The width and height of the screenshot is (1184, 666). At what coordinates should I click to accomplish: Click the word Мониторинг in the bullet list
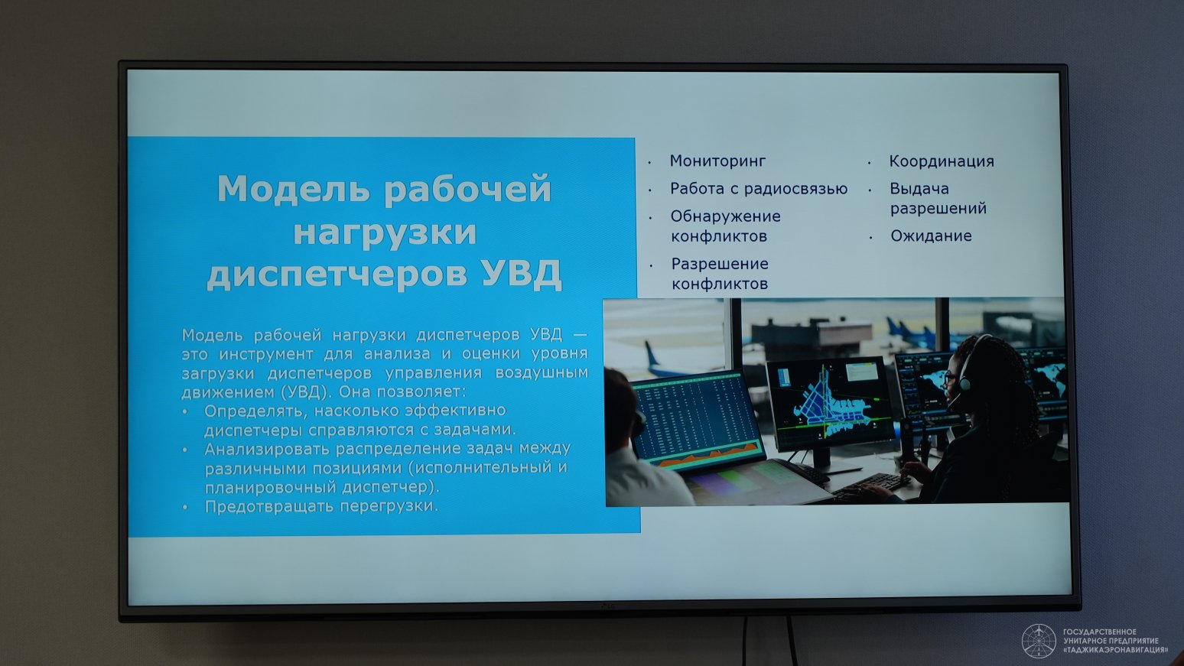point(717,161)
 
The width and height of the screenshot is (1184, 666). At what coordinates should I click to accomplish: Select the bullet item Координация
point(942,161)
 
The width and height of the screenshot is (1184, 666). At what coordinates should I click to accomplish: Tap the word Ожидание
point(931,236)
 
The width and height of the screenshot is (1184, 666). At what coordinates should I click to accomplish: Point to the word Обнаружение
point(725,216)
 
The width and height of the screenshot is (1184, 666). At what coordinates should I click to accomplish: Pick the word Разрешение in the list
point(720,264)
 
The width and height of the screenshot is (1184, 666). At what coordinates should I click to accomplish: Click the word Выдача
point(919,189)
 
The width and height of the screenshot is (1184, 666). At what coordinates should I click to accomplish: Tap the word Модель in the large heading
point(294,189)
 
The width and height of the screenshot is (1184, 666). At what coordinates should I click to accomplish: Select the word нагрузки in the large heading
point(385,233)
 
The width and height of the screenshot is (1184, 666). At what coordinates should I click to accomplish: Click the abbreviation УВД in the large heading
point(522,275)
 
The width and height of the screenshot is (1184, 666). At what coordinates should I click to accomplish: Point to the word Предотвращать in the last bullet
point(268,506)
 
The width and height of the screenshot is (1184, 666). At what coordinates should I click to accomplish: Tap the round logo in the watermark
point(1039,642)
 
